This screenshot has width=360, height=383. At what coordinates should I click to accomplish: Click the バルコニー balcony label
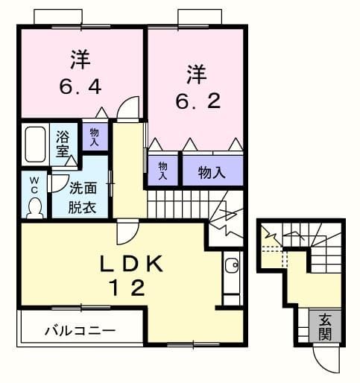pyautogui.click(x=79, y=329)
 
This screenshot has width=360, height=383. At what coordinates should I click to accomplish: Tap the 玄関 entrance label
pyautogui.click(x=325, y=325)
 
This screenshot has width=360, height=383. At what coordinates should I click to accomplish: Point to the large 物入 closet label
pyautogui.click(x=212, y=172)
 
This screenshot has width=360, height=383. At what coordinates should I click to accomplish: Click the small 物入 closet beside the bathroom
pyautogui.click(x=95, y=136)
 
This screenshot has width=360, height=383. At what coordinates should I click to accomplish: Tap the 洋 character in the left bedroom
pyautogui.click(x=80, y=57)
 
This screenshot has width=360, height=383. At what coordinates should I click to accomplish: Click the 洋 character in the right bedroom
pyautogui.click(x=195, y=76)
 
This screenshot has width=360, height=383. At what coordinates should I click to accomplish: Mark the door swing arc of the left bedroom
pyautogui.click(x=128, y=108)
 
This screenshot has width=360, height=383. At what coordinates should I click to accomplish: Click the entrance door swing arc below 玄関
pyautogui.click(x=326, y=361)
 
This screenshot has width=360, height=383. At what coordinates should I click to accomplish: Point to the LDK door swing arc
pyautogui.click(x=126, y=235)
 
